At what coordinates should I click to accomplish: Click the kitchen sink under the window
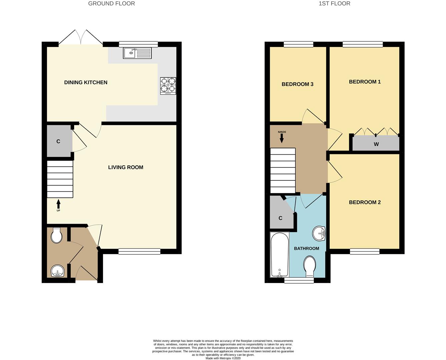pyautogui.click(x=137, y=53)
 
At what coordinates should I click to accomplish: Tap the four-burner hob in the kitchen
pyautogui.click(x=168, y=86)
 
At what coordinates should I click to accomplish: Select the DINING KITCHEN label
pyautogui.click(x=86, y=82)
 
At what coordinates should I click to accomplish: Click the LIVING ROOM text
pyautogui.click(x=126, y=167)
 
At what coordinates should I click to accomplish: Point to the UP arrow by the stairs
pyautogui.click(x=58, y=204)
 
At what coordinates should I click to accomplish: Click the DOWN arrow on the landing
pyautogui.click(x=282, y=138)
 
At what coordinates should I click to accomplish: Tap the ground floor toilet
pyautogui.click(x=56, y=235)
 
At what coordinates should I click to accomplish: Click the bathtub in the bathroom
pyautogui.click(x=280, y=255)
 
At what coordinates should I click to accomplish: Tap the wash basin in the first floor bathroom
pyautogui.click(x=319, y=233)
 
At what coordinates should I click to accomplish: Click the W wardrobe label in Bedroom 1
pyautogui.click(x=376, y=144)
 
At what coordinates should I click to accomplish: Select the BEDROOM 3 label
pyautogui.click(x=297, y=84)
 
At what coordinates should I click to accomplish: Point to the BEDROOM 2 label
pyautogui.click(x=365, y=202)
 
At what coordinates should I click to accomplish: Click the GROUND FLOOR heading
pyautogui.click(x=111, y=4)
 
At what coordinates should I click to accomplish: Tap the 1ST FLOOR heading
pyautogui.click(x=334, y=4)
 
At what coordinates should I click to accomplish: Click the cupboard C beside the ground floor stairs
pyautogui.click(x=59, y=141)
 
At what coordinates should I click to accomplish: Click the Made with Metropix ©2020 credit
pyautogui.click(x=223, y=358)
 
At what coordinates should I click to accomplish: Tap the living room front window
pyautogui.click(x=139, y=251)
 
